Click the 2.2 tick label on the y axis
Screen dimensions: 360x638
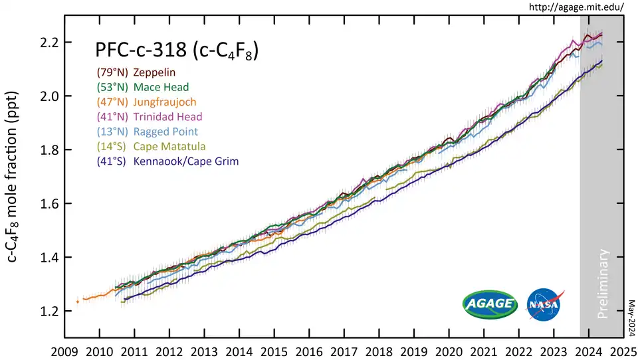(x=47, y=43)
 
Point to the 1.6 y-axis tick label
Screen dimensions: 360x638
(x=47, y=204)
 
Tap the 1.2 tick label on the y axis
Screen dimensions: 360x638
(x=47, y=312)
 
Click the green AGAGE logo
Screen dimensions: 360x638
(x=490, y=304)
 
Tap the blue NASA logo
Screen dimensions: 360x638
(x=543, y=304)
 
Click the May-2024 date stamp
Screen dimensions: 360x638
(x=631, y=317)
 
